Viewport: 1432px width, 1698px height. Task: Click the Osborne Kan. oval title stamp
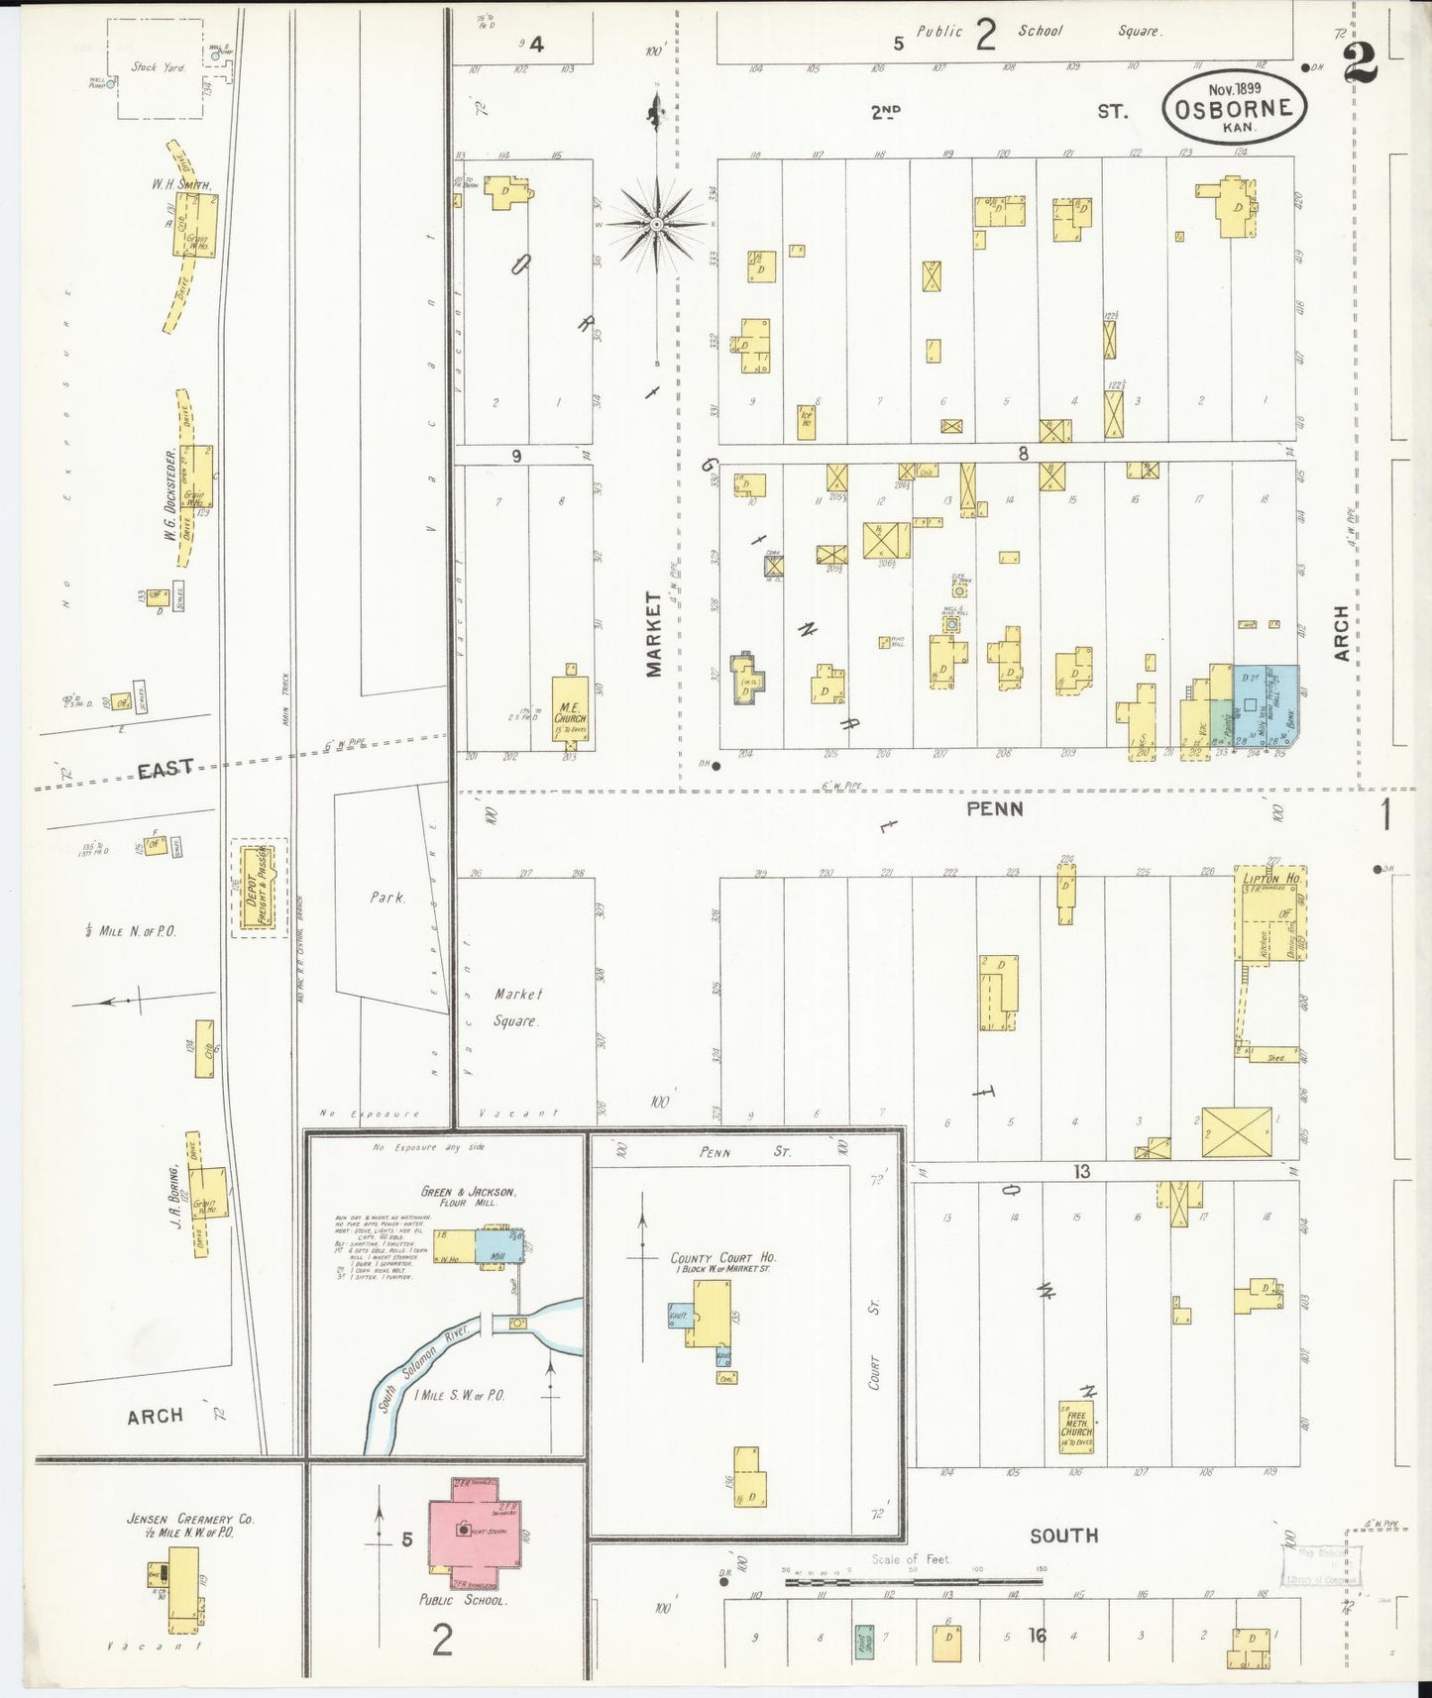pos(1234,107)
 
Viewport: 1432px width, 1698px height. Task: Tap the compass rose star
pos(655,225)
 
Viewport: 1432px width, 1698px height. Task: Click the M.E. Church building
pos(570,710)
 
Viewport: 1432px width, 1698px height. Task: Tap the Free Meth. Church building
pos(1076,1426)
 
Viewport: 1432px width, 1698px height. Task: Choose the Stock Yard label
pos(158,67)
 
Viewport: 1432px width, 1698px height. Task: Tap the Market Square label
pos(516,1007)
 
